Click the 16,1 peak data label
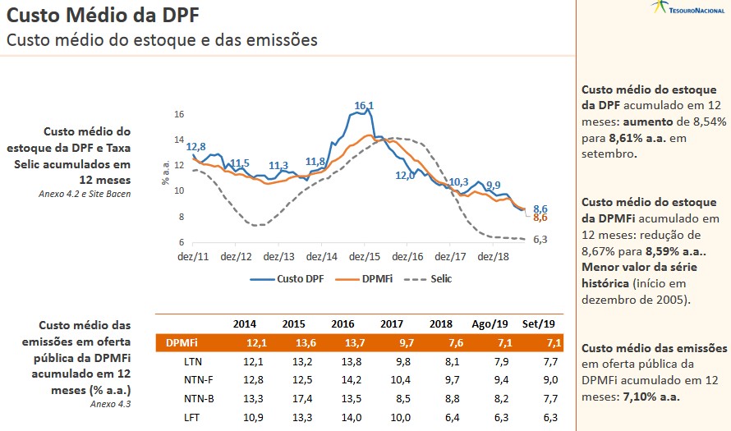pyautogui.click(x=364, y=106)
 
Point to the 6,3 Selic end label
pyautogui.click(x=541, y=240)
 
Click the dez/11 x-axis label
pyautogui.click(x=193, y=257)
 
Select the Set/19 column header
pyautogui.click(x=538, y=323)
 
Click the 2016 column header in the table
pyautogui.click(x=343, y=323)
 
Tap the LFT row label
pyautogui.click(x=194, y=419)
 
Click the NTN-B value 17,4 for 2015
pyautogui.click(x=293, y=400)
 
